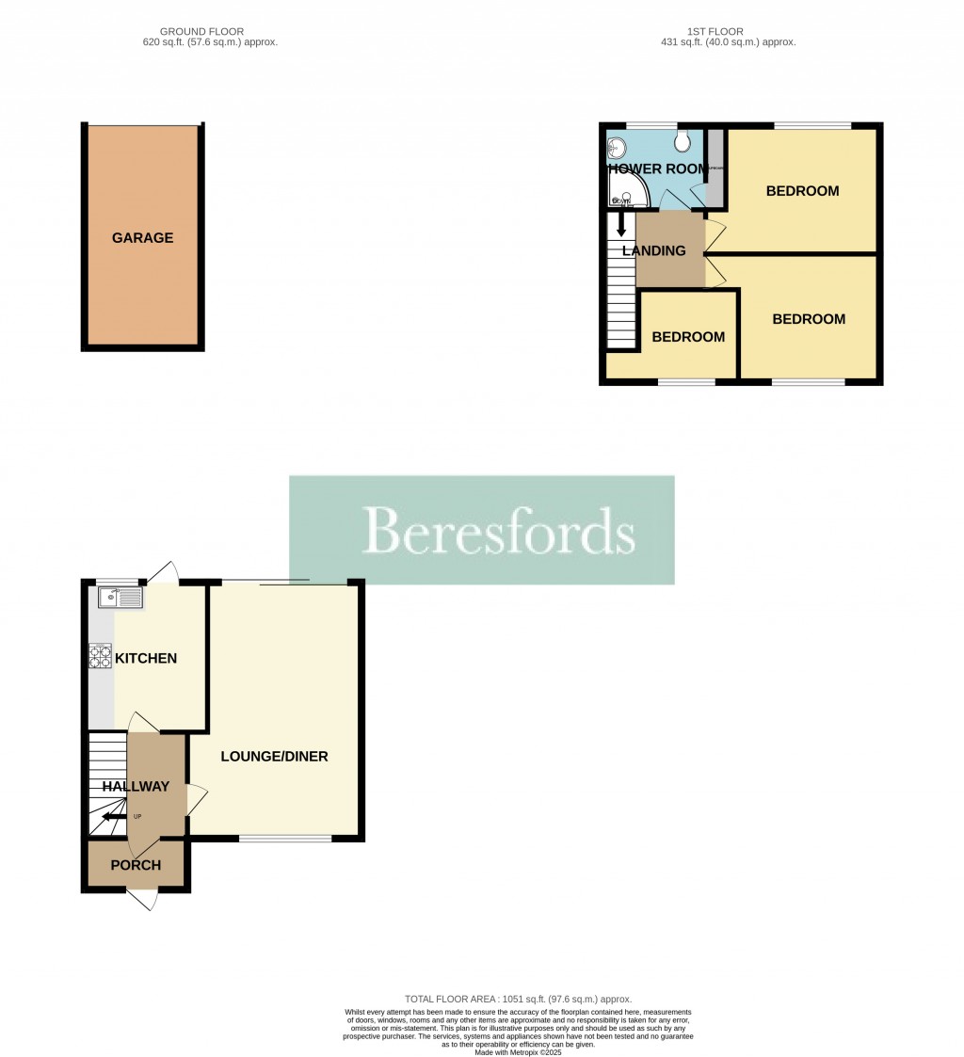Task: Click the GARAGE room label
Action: (142, 238)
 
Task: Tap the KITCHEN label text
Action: (145, 658)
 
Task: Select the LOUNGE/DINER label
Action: (274, 756)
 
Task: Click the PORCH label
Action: (136, 865)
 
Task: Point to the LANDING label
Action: (653, 250)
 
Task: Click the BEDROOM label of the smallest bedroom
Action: (688, 337)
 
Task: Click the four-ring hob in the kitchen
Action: (100, 655)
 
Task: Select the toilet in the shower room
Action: (683, 141)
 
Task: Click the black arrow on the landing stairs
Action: (620, 226)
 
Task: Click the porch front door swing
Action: (142, 900)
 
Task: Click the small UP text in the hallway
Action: (137, 816)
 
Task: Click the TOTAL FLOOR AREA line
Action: (518, 999)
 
